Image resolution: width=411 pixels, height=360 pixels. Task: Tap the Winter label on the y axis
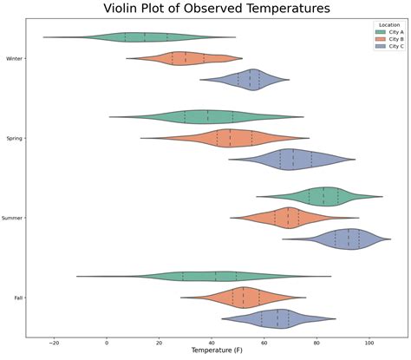(14, 58)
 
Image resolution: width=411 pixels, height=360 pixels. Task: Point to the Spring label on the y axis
(14, 138)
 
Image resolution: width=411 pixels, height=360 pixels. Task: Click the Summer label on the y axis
(12, 218)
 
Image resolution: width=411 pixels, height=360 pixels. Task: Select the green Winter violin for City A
(139, 37)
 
